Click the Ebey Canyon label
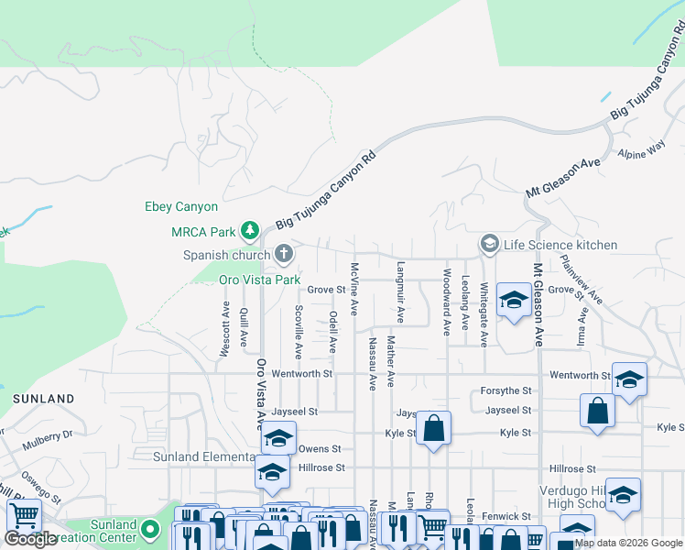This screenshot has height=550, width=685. [x=181, y=207]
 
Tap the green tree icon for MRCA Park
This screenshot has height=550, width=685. [x=249, y=229]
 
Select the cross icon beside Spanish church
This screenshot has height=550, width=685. [x=285, y=252]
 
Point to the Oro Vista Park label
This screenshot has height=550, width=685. [x=259, y=279]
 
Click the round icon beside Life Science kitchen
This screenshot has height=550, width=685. [x=490, y=244]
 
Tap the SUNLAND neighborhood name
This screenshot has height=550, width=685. [x=43, y=399]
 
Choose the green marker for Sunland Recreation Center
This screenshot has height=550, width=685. [x=153, y=529]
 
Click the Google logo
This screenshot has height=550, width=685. [x=31, y=539]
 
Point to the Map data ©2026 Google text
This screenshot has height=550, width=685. [x=628, y=543]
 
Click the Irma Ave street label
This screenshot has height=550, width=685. [x=582, y=326]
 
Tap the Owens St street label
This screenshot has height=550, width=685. [x=320, y=449]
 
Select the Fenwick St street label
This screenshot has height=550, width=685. [x=507, y=517]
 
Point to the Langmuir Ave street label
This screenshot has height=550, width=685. [x=400, y=294]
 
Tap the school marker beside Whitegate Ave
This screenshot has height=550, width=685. [x=514, y=301]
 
